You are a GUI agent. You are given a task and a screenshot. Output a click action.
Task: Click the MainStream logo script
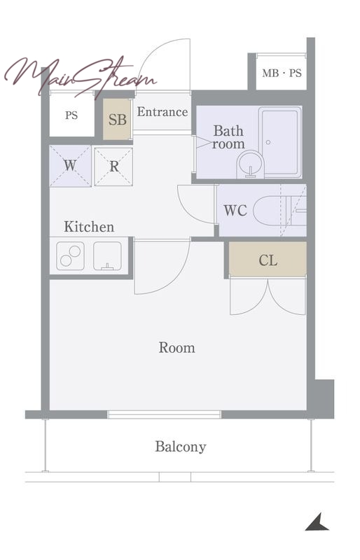tap(81, 77)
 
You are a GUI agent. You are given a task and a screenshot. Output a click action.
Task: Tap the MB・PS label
tap(282, 73)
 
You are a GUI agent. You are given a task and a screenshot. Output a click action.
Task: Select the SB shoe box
tap(117, 119)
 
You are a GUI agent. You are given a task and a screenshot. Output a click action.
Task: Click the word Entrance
tap(162, 112)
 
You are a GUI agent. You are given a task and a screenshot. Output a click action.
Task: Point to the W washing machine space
tap(71, 166)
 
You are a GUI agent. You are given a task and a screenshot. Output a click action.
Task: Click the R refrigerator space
tap(113, 167)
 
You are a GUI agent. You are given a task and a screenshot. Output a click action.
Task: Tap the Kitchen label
tap(89, 227)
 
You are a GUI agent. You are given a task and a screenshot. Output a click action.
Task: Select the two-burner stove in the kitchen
tap(71, 256)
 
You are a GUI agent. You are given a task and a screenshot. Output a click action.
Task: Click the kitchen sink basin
tap(107, 256)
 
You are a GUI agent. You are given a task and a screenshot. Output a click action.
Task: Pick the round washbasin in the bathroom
tap(250, 164)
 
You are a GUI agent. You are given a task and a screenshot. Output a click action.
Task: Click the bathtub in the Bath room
tap(280, 142)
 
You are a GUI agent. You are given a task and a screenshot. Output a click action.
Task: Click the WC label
tap(235, 211)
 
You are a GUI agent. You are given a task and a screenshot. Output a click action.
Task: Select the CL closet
tap(268, 260)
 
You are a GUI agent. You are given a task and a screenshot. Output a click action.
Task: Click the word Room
tap(177, 347)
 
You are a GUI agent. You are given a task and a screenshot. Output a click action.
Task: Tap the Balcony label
tap(181, 447)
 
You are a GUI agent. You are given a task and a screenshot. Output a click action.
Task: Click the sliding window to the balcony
tap(164, 414)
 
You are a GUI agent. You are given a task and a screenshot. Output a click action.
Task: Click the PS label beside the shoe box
tap(71, 115)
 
